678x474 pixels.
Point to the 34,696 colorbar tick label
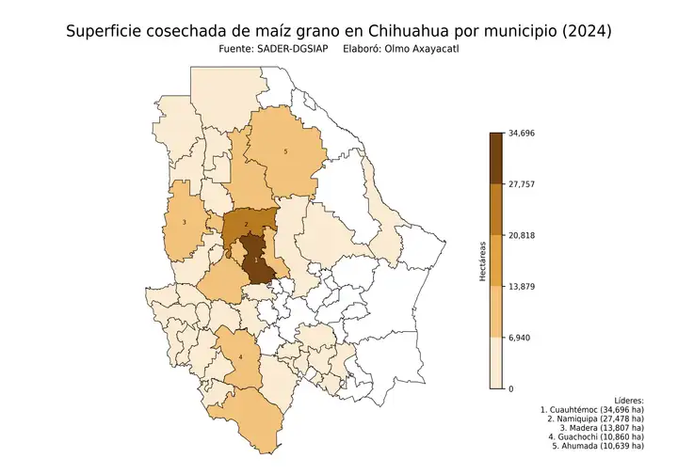click(522, 133)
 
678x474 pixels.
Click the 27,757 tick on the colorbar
click(522, 184)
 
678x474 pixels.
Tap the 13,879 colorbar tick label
click(522, 286)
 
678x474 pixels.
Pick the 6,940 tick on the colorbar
click(519, 338)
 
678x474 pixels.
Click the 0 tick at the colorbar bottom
click(511, 388)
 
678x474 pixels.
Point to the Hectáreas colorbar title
click(482, 261)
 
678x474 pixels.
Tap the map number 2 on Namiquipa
click(246, 224)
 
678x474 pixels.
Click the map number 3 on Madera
click(184, 222)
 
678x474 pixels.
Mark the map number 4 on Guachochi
click(240, 357)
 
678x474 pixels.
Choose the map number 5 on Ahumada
click(285, 151)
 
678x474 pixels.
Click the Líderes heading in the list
click(627, 400)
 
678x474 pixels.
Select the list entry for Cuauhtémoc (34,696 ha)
click(592, 411)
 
